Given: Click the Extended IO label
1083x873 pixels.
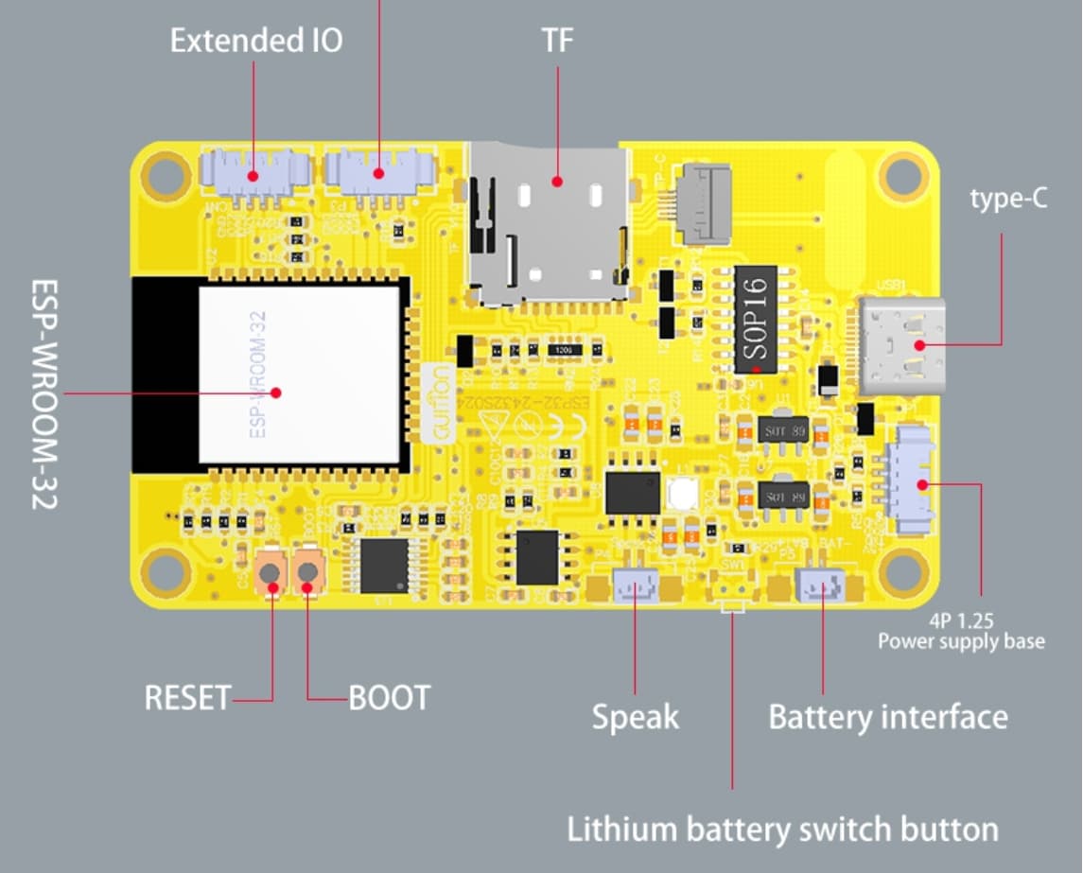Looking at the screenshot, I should tap(255, 41).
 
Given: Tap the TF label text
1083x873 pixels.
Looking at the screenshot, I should tap(557, 41).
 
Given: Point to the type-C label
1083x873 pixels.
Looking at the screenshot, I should tap(1008, 200).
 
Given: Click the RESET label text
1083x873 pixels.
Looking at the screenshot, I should tap(186, 698).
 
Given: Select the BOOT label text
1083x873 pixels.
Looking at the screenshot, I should tap(389, 698).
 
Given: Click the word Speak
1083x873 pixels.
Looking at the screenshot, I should tap(635, 716).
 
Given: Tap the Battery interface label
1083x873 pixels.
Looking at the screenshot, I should tap(887, 716).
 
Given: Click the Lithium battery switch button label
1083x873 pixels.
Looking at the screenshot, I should tap(782, 829).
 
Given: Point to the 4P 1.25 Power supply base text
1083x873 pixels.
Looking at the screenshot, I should tap(961, 632).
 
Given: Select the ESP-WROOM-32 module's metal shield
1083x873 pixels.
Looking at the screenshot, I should tap(299, 375).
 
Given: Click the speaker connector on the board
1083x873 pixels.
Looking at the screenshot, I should tap(636, 588).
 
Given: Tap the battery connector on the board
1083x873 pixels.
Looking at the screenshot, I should tap(821, 586).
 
